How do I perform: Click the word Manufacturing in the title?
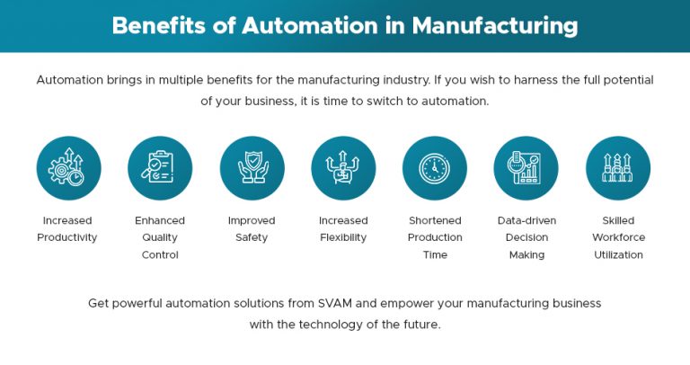pyautogui.click(x=495, y=25)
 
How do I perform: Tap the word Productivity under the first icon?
pyautogui.click(x=67, y=237)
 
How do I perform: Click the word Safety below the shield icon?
pyautogui.click(x=252, y=237)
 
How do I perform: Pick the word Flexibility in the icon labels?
pyautogui.click(x=343, y=237)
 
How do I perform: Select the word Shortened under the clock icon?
pyautogui.click(x=435, y=220)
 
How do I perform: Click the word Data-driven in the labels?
pyautogui.click(x=526, y=220)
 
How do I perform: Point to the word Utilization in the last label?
pyautogui.click(x=618, y=254)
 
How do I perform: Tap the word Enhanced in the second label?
pyautogui.click(x=160, y=220)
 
